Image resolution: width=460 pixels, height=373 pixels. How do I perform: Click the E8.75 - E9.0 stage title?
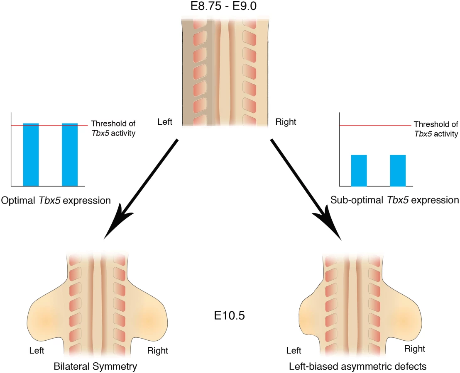(223, 6)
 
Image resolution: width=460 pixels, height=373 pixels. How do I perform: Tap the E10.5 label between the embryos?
(229, 316)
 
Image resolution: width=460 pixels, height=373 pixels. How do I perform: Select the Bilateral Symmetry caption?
(95, 366)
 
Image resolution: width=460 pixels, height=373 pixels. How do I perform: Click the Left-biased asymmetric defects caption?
(357, 366)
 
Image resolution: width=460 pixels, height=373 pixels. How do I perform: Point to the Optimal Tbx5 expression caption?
(56, 201)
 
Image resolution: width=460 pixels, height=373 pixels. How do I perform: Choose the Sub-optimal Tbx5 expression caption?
(394, 200)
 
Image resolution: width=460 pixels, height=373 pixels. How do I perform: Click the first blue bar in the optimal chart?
(31, 155)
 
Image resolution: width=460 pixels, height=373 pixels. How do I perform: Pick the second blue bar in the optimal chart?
(70, 155)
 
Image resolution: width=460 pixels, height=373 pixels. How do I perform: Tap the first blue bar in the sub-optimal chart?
(359, 171)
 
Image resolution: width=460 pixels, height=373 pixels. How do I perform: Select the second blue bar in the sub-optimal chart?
(398, 171)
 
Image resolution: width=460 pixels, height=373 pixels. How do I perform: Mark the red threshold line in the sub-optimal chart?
(375, 126)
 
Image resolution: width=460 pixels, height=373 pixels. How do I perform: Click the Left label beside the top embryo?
(165, 122)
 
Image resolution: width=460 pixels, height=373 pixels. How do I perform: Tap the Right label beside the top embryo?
(286, 122)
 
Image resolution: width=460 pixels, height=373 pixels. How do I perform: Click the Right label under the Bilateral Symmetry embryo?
(157, 351)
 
